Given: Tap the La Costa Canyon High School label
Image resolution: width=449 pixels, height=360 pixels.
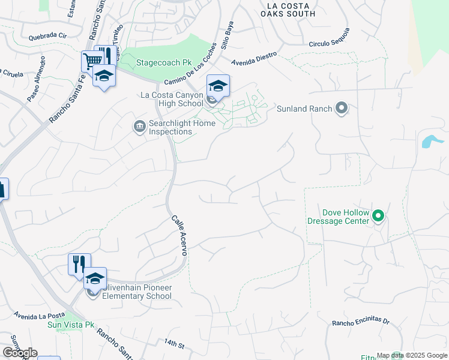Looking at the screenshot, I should point(172,99).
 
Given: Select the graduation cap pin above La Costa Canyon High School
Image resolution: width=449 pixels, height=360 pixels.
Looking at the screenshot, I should point(218,85).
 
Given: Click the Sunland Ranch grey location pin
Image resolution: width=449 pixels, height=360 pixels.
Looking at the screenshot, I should point(342,109).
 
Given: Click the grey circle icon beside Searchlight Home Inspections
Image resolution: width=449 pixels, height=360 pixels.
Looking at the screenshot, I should point(139,125).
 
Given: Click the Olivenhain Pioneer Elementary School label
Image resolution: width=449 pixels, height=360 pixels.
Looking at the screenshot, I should point(137,292).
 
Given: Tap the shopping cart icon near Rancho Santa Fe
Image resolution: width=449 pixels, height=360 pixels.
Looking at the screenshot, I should point(92,61).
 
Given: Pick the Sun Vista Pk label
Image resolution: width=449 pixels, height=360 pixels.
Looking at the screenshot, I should point(71,325).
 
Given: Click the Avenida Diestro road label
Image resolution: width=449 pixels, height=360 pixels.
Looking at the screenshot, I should point(255,58).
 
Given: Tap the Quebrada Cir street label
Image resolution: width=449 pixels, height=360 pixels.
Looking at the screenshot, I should point(49,35).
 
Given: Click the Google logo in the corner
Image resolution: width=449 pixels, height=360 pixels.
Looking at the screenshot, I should point(20,353).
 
